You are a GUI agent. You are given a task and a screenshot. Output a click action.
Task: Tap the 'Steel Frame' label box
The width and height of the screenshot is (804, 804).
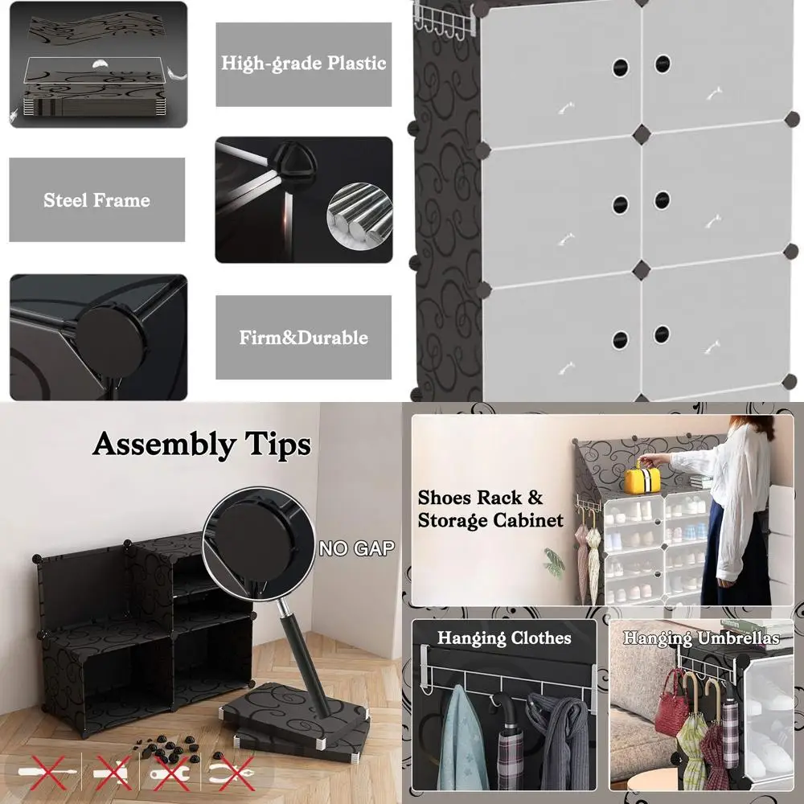pos(96,200)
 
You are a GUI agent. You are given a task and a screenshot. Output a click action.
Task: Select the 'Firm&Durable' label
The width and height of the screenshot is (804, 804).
pos(303,338)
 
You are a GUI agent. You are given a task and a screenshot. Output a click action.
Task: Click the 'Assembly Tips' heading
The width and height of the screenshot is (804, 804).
pos(201,444)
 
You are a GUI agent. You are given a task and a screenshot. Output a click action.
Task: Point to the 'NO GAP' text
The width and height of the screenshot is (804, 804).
pos(356,549)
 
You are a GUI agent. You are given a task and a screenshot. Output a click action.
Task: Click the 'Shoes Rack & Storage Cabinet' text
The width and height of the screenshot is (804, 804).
pos(490,509)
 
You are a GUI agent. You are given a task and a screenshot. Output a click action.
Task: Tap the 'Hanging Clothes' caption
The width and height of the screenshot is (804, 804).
pos(504,638)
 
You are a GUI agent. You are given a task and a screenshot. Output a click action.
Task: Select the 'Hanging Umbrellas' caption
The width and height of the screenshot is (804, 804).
pos(701,638)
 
